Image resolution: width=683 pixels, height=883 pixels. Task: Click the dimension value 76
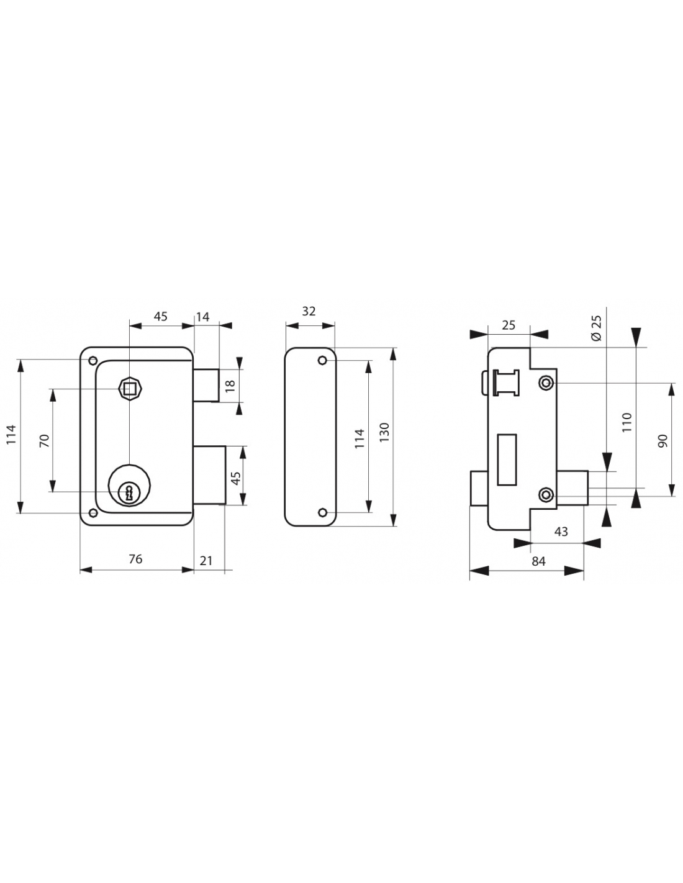(135, 559)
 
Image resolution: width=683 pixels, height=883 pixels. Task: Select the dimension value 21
(206, 560)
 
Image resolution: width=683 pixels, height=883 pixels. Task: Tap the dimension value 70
(43, 440)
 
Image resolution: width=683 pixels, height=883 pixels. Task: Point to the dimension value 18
(230, 385)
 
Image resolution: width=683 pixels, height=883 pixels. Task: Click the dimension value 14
(203, 317)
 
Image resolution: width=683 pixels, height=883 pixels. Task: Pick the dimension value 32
(309, 311)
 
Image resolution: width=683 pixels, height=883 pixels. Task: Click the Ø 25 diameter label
(597, 327)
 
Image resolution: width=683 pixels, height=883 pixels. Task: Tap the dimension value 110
(626, 422)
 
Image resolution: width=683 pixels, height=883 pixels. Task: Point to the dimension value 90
(662, 440)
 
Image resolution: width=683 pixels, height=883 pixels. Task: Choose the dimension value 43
(560, 532)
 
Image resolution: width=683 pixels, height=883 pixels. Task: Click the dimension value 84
(538, 561)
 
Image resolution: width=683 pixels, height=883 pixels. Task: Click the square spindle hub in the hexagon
(129, 389)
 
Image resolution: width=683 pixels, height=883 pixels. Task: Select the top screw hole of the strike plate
(322, 361)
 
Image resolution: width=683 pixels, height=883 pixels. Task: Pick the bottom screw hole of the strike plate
(322, 512)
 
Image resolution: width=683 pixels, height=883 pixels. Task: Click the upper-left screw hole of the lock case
(93, 360)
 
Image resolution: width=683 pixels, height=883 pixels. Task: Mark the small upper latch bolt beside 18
(206, 385)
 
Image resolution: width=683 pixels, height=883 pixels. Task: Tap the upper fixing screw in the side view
(546, 383)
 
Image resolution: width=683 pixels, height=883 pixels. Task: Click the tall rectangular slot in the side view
(507, 459)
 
